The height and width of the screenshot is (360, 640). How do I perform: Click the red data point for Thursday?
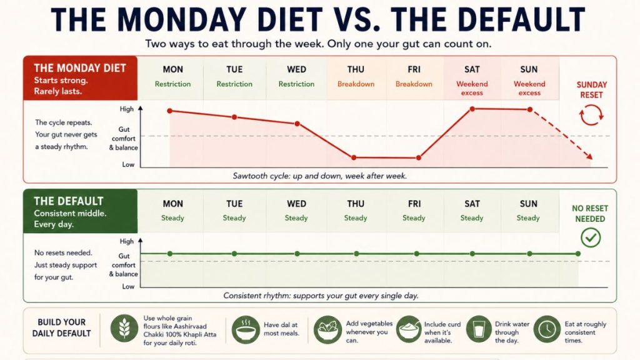point(354,157)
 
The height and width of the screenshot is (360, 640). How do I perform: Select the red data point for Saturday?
point(472,109)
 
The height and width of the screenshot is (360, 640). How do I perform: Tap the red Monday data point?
point(170,111)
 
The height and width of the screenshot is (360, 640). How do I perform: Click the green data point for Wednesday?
point(297,254)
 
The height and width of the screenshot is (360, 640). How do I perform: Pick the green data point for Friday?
point(416,254)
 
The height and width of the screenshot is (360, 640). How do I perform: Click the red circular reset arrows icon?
point(591,115)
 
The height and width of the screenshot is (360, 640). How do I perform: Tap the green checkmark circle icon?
point(591,237)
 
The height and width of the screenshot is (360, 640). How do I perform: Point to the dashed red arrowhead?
point(589,156)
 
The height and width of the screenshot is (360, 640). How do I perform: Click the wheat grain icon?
point(124,329)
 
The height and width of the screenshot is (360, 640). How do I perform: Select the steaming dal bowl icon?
point(246,329)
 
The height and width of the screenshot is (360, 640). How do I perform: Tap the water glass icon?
point(479,329)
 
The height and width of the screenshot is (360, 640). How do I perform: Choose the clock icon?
point(547,329)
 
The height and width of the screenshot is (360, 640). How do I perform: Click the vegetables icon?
point(327,329)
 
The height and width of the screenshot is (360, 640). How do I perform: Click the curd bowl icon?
point(408,329)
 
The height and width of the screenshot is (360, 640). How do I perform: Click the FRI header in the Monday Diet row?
point(414,70)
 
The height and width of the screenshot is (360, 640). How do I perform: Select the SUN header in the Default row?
point(529,204)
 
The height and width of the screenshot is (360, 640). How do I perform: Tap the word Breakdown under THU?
point(356,84)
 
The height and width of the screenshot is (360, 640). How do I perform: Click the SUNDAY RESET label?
point(591,90)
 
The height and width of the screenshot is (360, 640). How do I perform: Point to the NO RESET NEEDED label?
point(590,214)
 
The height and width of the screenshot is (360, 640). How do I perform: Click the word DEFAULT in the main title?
point(489,19)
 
